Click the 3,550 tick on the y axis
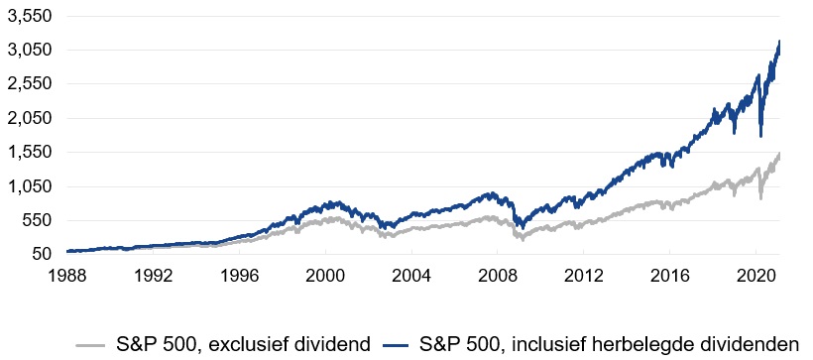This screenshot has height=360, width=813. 31,16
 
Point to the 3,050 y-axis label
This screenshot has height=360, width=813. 31,50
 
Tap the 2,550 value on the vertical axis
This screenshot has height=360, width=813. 31,84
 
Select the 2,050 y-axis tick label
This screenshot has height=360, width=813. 31,118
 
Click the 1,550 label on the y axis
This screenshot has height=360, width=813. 31,152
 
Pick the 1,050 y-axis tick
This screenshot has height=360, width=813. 31,186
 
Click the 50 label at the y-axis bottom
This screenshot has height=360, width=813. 43,254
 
